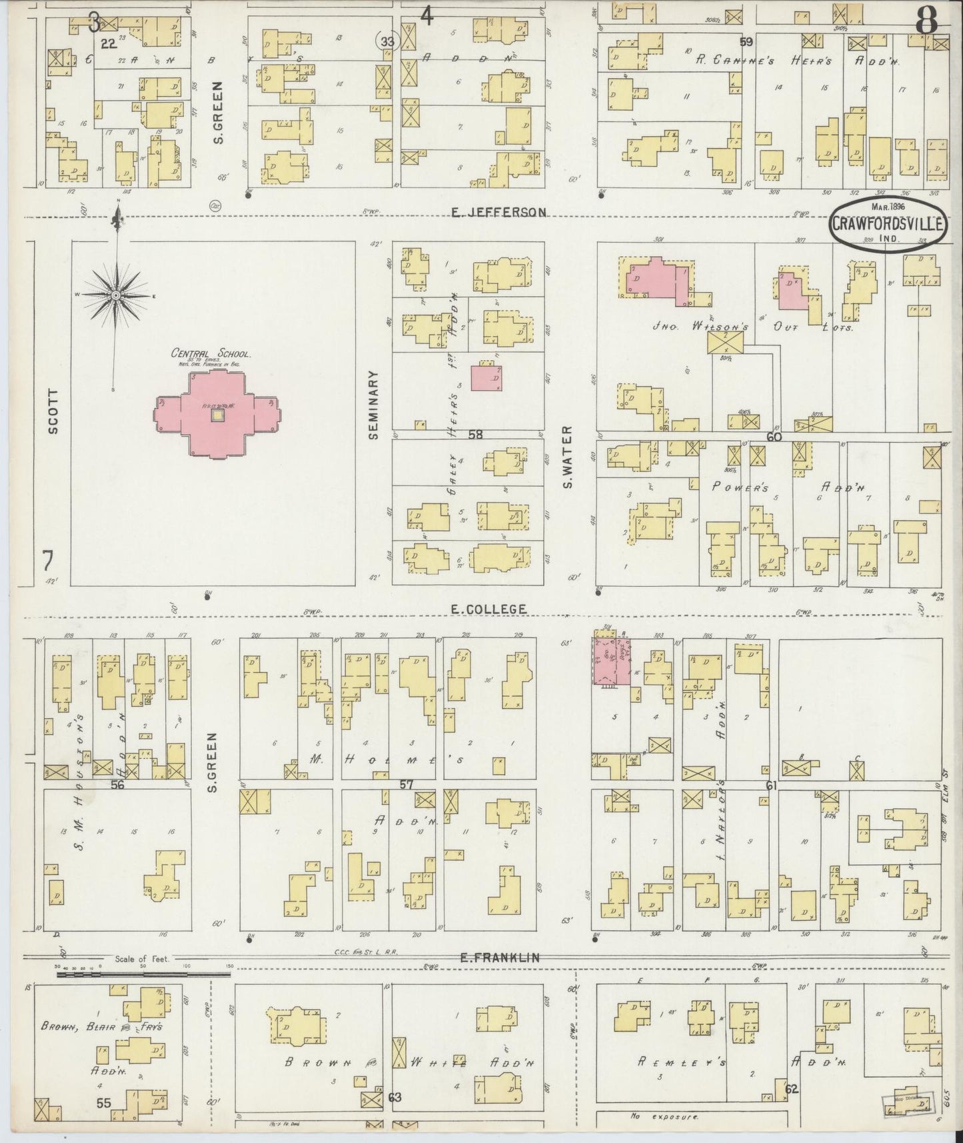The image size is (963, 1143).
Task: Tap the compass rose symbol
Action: point(115,294)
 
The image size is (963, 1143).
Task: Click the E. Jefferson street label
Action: point(498,212)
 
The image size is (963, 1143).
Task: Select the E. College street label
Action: point(488,608)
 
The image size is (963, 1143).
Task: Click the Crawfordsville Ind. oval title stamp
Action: point(887,223)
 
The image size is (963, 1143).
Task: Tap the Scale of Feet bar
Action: point(143,974)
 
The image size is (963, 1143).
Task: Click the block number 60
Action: point(773,437)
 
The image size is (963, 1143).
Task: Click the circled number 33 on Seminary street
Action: point(385,41)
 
